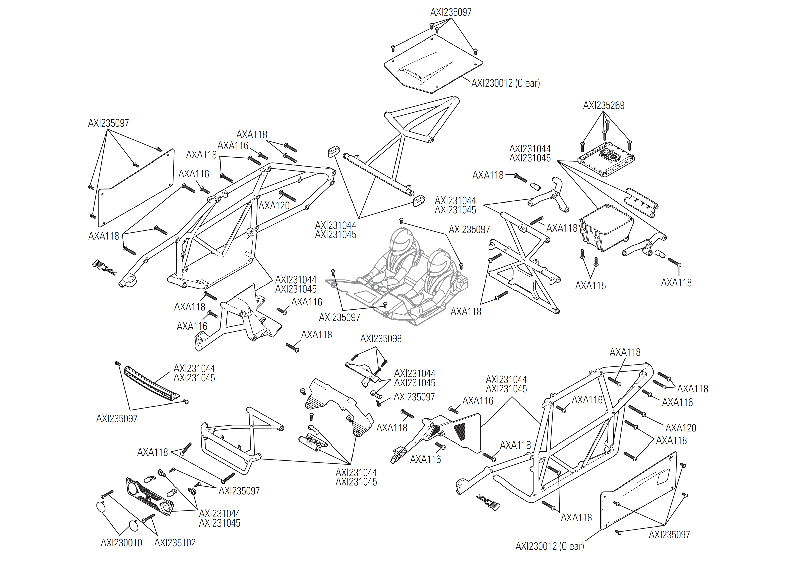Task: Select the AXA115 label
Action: point(590,286)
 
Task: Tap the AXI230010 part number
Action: point(121,543)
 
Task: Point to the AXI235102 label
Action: point(175,543)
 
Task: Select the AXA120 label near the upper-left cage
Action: point(274,206)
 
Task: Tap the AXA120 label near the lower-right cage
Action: point(681,428)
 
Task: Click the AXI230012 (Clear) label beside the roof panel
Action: point(505,83)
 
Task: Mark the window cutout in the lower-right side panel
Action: point(663,476)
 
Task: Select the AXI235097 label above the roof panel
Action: point(451,12)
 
